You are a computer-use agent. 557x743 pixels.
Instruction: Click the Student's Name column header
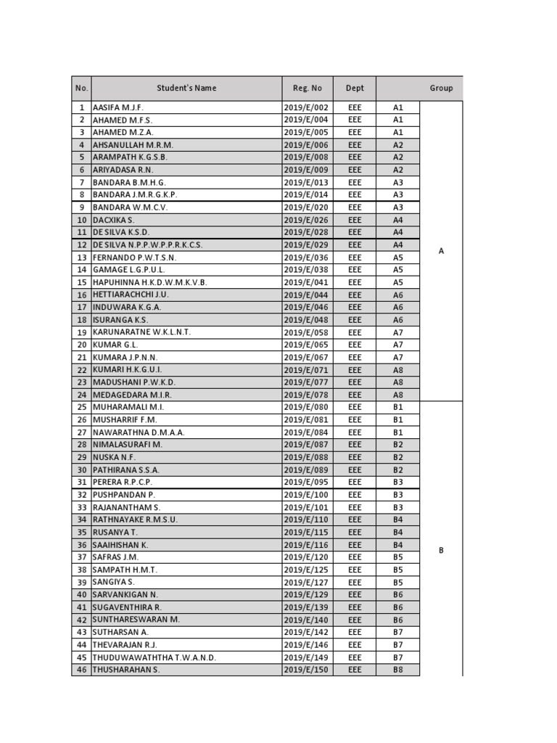pyautogui.click(x=186, y=88)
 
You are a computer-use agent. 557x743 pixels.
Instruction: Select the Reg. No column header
pyautogui.click(x=307, y=88)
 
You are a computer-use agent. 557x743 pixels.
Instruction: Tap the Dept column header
pyautogui.click(x=355, y=88)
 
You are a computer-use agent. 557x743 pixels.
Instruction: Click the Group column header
pyautogui.click(x=441, y=88)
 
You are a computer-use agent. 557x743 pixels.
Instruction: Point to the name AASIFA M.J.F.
pyautogui.click(x=118, y=107)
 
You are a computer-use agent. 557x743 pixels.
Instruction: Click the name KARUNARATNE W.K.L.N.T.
pyautogui.click(x=141, y=332)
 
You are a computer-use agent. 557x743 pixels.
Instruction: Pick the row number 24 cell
pyautogui.click(x=82, y=395)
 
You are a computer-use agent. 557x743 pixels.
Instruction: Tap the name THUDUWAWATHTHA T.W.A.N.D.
pyautogui.click(x=154, y=657)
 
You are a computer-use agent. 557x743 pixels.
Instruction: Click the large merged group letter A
pyautogui.click(x=441, y=251)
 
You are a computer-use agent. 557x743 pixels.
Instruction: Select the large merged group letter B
pyautogui.click(x=441, y=551)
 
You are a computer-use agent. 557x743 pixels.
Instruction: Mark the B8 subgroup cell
pyautogui.click(x=397, y=670)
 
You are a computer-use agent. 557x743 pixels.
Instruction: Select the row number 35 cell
pyautogui.click(x=82, y=532)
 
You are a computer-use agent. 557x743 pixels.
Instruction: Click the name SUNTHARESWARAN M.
pyautogui.click(x=136, y=620)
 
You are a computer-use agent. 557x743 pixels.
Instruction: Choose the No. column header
pyautogui.click(x=81, y=88)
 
